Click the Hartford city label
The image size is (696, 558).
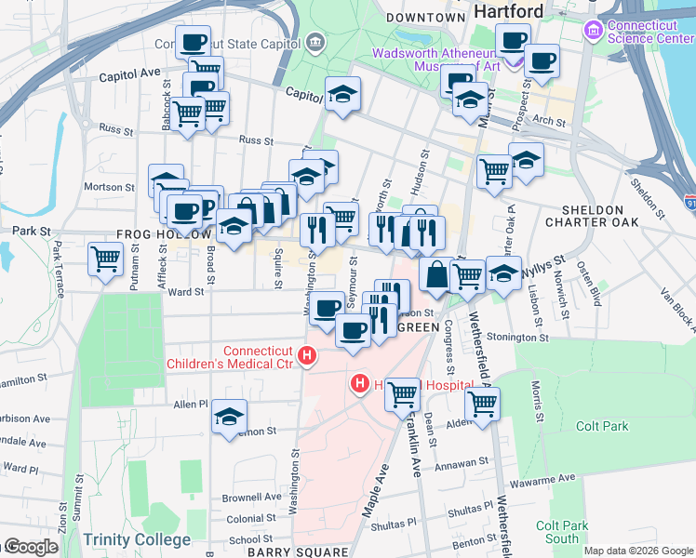508,11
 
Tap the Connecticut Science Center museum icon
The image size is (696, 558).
592,31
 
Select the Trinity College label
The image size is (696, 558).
137,539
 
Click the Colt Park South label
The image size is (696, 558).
562,532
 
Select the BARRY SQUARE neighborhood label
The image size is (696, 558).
284,551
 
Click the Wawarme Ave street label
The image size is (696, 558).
537,482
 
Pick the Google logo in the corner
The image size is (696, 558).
30,547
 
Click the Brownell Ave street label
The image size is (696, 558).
252,498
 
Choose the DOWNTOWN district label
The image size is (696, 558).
425,18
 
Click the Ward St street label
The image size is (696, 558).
185,292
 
